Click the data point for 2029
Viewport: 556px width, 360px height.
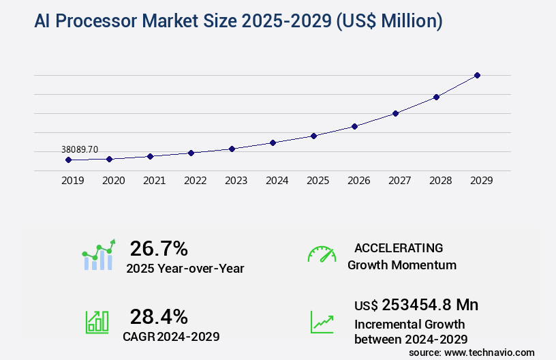point(477,75)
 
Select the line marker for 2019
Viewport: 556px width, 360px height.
point(68,160)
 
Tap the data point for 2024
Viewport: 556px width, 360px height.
point(273,142)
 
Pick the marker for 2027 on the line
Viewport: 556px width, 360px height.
point(395,113)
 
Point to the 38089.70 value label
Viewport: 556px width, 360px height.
point(80,149)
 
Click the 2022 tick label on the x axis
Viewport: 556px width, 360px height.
point(195,181)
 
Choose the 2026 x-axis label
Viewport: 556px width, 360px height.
point(358,181)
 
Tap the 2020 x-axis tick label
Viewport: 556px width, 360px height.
point(113,181)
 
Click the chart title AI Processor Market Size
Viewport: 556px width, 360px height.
point(238,22)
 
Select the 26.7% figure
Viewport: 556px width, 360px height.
point(159,248)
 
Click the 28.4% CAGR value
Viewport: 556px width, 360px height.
point(159,316)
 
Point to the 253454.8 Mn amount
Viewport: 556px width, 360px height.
point(429,305)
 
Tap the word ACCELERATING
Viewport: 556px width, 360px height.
point(399,247)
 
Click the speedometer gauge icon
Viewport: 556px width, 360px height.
point(322,254)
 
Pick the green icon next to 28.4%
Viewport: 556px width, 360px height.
point(97,322)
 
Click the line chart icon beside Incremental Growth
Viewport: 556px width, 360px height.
point(322,322)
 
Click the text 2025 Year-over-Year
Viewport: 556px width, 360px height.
point(185,269)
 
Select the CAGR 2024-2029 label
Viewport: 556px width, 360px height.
point(171,336)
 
